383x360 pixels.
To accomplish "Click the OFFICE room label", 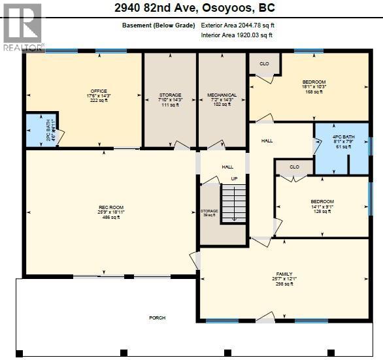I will click(x=98, y=95).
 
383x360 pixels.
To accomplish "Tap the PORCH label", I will click(x=157, y=318).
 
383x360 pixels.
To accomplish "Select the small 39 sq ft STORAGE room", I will click(x=209, y=214).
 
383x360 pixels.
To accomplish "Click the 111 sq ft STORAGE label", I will click(x=170, y=99).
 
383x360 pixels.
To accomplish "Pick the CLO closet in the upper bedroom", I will click(x=264, y=64).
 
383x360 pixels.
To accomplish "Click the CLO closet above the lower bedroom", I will click(x=294, y=167).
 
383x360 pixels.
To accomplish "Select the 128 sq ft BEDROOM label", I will click(x=322, y=206).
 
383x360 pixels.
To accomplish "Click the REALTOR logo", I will click(x=23, y=26).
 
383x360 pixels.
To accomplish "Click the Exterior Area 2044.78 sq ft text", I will click(x=238, y=25).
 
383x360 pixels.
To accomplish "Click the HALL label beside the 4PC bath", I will click(x=267, y=140).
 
